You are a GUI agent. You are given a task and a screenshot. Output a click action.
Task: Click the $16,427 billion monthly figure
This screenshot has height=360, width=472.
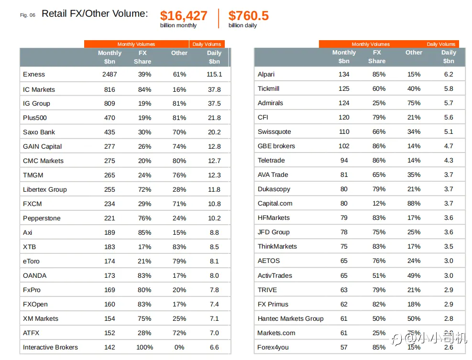(x=184, y=16)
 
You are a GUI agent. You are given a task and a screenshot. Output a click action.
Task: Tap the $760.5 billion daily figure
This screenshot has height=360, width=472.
(x=248, y=16)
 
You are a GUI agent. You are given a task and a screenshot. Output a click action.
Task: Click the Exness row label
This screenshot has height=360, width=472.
(x=34, y=75)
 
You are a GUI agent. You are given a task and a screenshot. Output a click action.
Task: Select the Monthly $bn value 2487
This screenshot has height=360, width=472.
(x=110, y=75)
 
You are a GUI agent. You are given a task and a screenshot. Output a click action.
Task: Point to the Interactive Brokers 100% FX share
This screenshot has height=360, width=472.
(x=144, y=348)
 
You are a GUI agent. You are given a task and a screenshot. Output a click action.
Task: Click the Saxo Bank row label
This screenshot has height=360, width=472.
(x=39, y=132)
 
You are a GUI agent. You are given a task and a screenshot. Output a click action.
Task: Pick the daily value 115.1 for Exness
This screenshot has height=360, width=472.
(x=214, y=75)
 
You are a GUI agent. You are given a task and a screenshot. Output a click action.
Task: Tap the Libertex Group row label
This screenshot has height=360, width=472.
(x=45, y=190)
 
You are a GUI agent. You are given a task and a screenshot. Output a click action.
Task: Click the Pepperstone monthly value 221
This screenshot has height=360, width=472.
(x=110, y=218)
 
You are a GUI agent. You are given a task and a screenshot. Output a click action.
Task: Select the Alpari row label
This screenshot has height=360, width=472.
(x=266, y=75)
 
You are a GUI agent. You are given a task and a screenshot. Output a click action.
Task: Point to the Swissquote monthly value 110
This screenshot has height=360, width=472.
(x=344, y=132)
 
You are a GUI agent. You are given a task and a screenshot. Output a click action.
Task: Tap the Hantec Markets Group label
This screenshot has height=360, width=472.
(x=290, y=319)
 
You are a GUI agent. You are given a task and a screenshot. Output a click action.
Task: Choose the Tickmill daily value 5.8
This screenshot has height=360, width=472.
(x=448, y=89)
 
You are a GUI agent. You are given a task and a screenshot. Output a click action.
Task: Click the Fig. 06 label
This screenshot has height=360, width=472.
(x=28, y=15)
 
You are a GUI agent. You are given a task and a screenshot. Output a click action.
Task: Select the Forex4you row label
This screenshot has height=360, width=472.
(x=273, y=348)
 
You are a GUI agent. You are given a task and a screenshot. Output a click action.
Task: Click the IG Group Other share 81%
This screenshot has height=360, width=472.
(x=179, y=104)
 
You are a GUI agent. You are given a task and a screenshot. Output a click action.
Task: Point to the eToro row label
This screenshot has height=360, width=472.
(x=31, y=262)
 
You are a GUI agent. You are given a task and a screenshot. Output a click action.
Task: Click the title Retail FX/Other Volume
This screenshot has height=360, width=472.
(x=95, y=14)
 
